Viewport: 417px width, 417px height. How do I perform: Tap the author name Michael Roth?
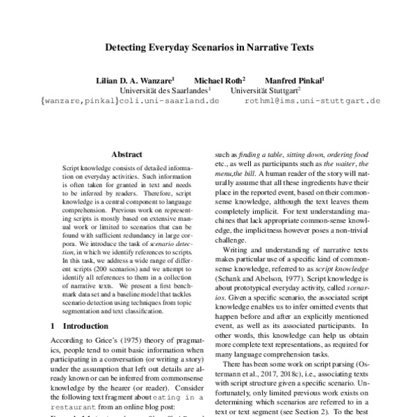[218, 79]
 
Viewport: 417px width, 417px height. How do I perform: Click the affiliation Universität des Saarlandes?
[164, 90]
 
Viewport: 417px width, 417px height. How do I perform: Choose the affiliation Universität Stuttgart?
[265, 90]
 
